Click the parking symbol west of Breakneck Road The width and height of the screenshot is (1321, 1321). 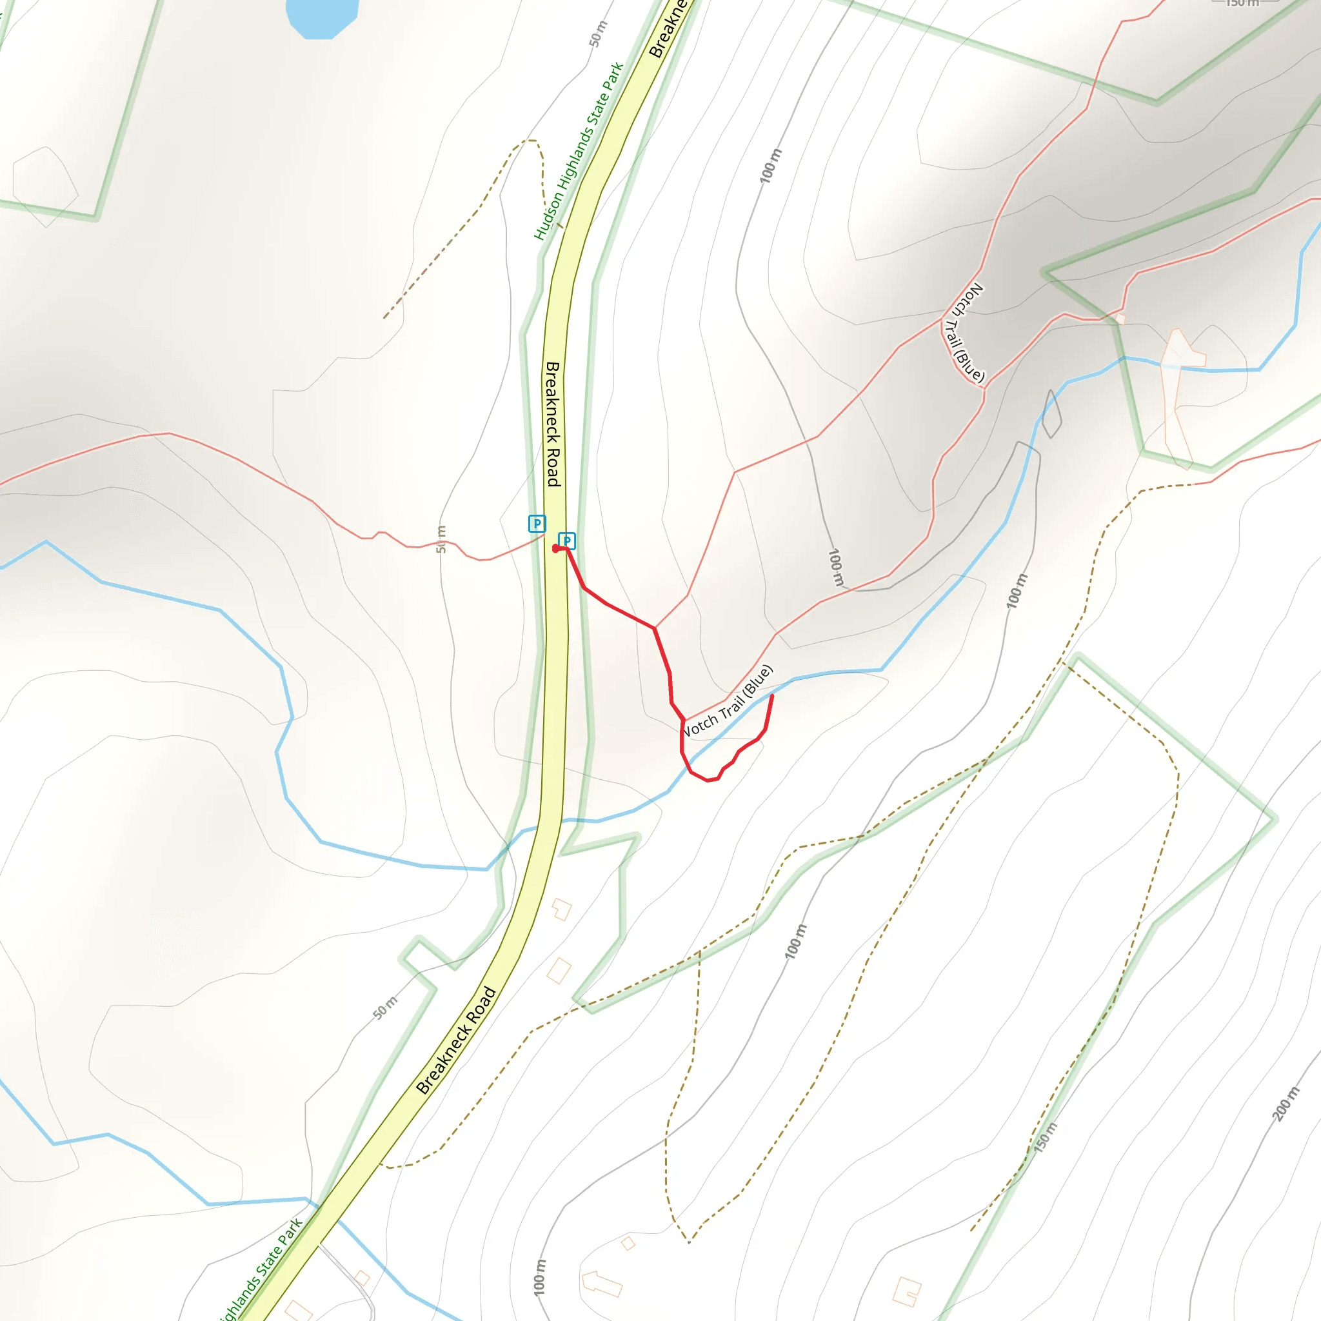[537, 524]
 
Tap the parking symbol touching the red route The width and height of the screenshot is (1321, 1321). [567, 541]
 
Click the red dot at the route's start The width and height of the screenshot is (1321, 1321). [555, 548]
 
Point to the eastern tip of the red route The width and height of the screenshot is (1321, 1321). [772, 695]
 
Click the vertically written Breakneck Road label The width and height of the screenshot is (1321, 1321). [553, 424]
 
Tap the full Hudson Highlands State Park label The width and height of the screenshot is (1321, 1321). [579, 151]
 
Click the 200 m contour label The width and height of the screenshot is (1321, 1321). [1286, 1103]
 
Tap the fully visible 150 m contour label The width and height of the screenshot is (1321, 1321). [1046, 1137]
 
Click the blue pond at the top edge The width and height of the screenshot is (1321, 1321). [322, 15]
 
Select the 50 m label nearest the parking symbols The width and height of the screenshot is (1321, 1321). [441, 539]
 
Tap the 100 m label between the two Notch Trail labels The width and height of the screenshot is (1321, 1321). [835, 567]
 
